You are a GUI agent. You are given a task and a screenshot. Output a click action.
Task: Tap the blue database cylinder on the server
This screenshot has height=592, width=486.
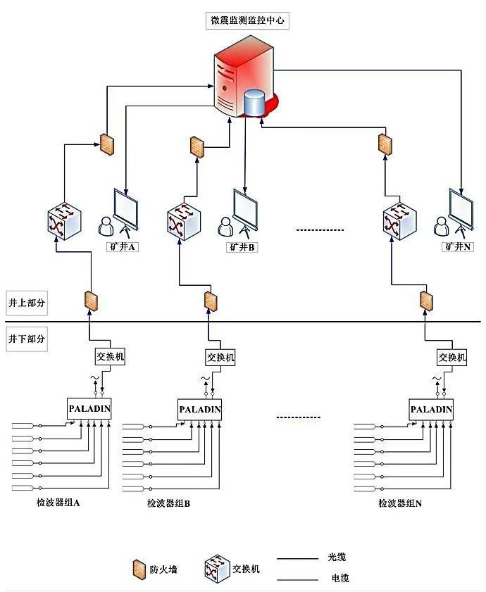tap(255, 103)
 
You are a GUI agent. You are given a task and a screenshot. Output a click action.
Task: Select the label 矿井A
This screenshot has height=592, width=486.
tap(123, 247)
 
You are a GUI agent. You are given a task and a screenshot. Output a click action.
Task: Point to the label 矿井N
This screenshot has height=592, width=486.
tap(458, 247)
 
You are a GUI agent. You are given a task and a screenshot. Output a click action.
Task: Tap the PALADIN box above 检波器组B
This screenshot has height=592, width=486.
tap(200, 409)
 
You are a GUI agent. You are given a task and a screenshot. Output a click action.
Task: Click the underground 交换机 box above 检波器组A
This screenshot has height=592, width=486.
tap(111, 357)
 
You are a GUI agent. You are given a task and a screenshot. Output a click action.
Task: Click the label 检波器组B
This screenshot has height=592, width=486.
tap(169, 503)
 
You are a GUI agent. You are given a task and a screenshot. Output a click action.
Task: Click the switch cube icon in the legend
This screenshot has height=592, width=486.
tap(216, 567)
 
